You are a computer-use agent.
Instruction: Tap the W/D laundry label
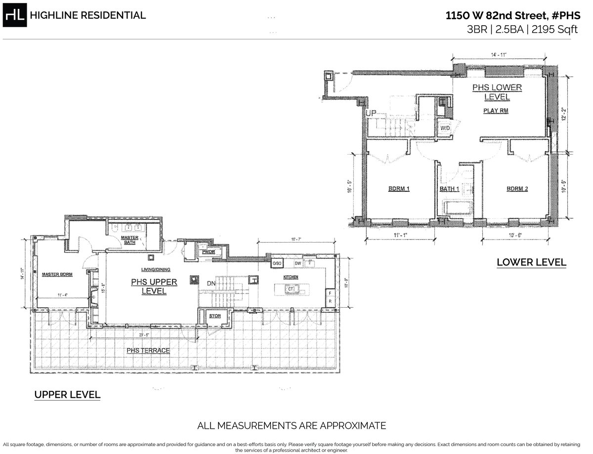[x=445, y=128]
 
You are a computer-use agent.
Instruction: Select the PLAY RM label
[x=495, y=111]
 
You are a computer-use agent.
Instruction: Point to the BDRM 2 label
[x=517, y=189]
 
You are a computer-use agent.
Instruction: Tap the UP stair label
[x=371, y=114]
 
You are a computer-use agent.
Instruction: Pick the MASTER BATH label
[x=129, y=240]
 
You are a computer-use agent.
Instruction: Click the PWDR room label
[x=207, y=252]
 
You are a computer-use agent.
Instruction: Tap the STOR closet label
[x=214, y=315]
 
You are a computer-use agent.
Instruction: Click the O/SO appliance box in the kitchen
[x=277, y=264]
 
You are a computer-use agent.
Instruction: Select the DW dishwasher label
[x=298, y=264]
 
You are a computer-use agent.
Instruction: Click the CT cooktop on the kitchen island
[x=291, y=289]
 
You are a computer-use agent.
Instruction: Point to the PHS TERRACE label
[x=148, y=350]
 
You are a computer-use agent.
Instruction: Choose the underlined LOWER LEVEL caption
[x=531, y=262]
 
